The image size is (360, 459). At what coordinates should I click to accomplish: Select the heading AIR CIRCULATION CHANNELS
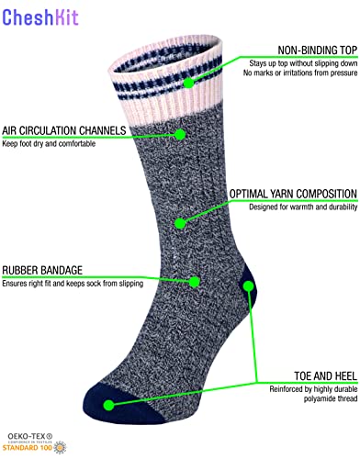62,130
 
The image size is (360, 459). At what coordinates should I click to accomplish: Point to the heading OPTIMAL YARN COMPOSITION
293,195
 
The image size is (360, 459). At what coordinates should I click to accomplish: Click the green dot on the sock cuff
188,82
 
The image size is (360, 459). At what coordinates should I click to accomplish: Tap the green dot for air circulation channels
180,134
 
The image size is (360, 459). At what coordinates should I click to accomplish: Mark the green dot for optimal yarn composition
181,222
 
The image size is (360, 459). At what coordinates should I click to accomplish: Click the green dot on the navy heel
248,286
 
